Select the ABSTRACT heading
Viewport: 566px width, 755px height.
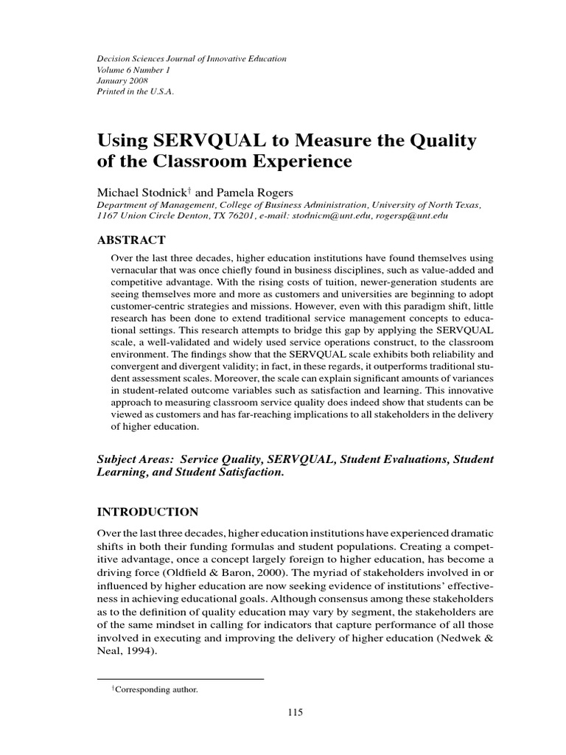[x=132, y=240]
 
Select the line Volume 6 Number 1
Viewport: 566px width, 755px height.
[x=133, y=69]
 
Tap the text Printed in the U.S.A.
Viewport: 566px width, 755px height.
[x=136, y=92]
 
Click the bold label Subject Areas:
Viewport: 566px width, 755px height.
[x=140, y=459]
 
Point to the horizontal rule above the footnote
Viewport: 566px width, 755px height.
[x=181, y=677]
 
